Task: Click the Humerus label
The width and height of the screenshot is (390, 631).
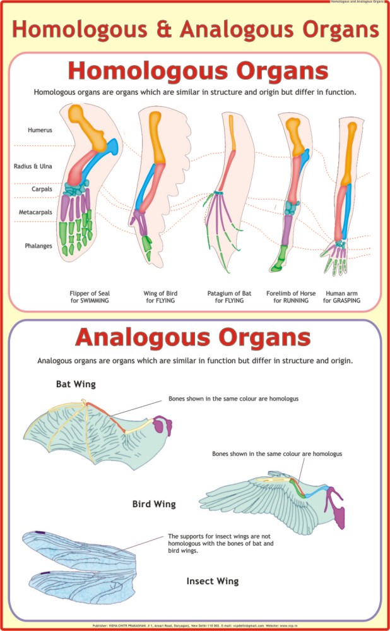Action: point(40,130)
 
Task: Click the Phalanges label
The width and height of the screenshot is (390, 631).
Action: point(38,246)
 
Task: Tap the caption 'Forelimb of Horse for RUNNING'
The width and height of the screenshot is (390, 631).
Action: point(291,297)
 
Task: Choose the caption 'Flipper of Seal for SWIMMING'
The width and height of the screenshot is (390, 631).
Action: point(90,297)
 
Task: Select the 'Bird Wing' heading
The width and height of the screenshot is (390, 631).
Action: point(154,504)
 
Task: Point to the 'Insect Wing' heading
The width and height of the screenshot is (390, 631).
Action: point(213,580)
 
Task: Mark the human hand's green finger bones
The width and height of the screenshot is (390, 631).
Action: point(333,262)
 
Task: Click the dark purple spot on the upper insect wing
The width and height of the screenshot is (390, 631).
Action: point(40,532)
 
